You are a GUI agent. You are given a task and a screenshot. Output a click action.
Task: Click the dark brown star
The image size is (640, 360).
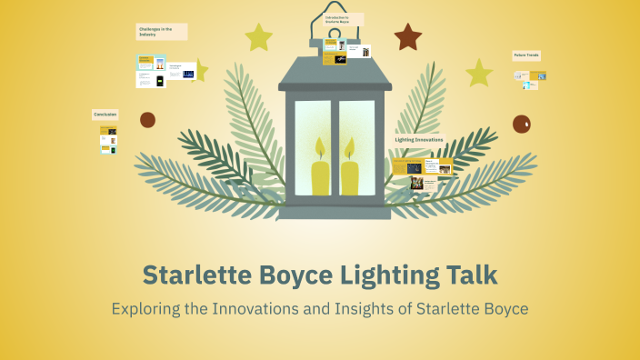click(x=408, y=37)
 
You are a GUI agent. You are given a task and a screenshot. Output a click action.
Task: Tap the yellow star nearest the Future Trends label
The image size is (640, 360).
click(x=478, y=73)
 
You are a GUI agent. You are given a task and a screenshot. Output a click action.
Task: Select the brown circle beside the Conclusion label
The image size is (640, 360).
click(x=147, y=119)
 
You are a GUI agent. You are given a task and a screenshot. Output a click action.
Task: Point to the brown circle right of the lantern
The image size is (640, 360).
click(x=522, y=124)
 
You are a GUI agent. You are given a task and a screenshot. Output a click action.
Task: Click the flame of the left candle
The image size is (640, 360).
click(x=320, y=148)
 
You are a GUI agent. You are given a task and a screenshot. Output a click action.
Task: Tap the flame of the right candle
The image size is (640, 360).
click(x=349, y=148)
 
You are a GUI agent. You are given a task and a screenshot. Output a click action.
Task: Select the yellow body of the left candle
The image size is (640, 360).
click(x=321, y=177)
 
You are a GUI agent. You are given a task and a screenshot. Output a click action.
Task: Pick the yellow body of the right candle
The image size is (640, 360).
click(x=350, y=177)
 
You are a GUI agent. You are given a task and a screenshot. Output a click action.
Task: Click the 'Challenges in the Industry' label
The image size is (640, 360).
click(x=162, y=32)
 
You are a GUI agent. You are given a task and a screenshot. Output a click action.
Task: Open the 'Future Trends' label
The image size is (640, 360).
click(x=528, y=55)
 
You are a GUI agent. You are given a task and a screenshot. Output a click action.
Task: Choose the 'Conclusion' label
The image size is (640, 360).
click(x=105, y=115)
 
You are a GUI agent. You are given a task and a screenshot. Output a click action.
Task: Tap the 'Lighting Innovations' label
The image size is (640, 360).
click(x=419, y=139)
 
